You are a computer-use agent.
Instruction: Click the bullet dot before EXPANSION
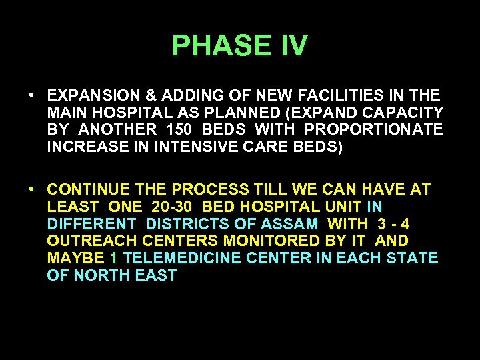[31, 95]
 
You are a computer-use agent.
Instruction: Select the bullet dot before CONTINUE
[31, 189]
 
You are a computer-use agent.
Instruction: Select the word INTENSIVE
[193, 147]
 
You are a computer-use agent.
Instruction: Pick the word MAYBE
[75, 258]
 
